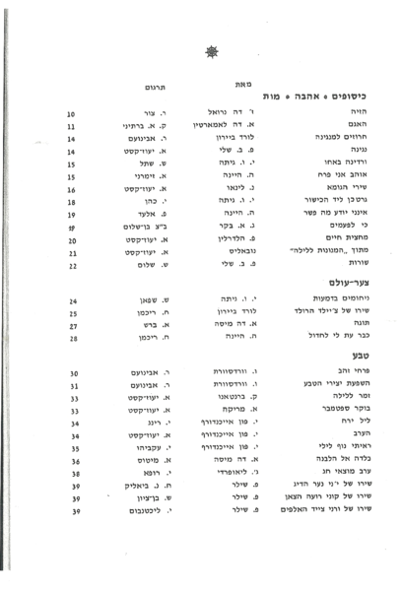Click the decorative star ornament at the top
(210, 50)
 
